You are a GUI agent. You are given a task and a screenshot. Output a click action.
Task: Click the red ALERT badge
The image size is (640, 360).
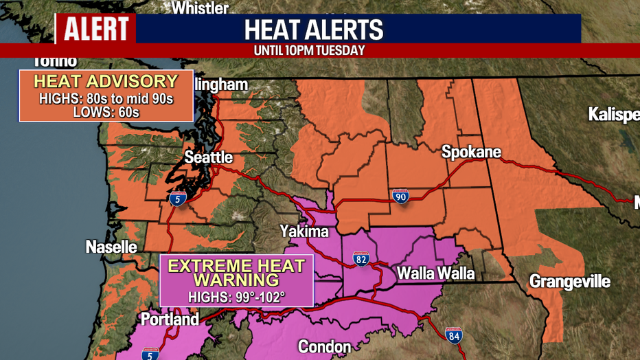[95, 29]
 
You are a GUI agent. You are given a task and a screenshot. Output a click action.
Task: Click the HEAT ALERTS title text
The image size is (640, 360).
[314, 30]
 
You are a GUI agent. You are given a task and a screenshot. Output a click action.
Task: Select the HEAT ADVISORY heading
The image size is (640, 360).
[105, 82]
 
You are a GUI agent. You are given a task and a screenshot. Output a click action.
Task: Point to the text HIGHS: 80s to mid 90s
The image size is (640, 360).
[106, 98]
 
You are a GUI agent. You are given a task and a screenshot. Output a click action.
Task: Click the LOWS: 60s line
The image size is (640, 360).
[106, 111]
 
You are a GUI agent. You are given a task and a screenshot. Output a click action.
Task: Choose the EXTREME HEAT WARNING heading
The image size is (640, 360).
[236, 273]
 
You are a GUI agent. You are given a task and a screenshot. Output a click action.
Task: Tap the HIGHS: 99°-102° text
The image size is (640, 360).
[236, 297]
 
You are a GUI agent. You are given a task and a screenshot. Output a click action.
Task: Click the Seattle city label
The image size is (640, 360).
[209, 158]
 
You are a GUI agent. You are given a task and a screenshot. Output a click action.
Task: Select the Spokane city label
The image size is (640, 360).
[471, 152]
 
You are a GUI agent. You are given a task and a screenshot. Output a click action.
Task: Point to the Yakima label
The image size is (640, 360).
[304, 232]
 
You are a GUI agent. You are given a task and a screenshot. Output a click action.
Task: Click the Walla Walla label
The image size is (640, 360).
[435, 273]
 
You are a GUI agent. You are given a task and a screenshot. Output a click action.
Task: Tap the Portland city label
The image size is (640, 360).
[170, 319]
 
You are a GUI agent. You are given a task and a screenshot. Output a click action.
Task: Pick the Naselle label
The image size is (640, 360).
[111, 247]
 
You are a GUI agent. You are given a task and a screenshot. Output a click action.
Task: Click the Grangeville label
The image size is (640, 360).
[569, 281]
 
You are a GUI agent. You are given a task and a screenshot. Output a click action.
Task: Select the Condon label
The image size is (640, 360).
[324, 347]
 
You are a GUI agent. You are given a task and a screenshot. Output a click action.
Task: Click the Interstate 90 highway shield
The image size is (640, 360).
[401, 197]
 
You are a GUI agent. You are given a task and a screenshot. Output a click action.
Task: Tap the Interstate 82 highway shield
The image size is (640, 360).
[361, 258]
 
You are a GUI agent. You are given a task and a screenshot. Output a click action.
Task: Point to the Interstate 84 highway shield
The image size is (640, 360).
[453, 335]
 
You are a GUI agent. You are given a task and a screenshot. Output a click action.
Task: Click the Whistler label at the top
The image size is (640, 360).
[200, 8]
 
